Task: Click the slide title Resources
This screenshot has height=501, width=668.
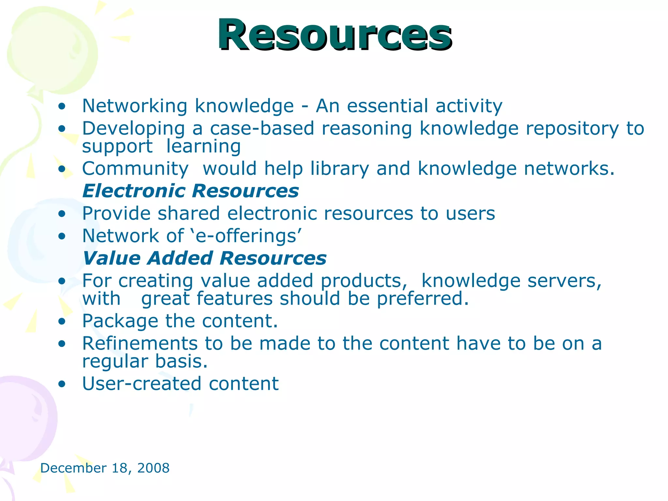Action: click(x=335, y=35)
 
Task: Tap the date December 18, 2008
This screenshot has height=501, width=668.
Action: click(x=105, y=468)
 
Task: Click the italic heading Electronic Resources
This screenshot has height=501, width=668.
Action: click(x=190, y=191)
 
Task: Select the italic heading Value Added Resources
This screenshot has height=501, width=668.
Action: click(x=205, y=258)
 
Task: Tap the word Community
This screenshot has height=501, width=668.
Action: click(x=135, y=169)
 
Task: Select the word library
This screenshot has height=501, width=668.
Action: click(x=340, y=169)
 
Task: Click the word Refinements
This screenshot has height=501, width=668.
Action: click(x=140, y=343)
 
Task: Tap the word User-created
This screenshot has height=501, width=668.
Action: click(x=141, y=384)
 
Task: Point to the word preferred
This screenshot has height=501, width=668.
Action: click(x=422, y=299)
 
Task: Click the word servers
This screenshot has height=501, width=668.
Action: click(x=564, y=281)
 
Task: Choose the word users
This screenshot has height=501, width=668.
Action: click(x=470, y=214)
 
